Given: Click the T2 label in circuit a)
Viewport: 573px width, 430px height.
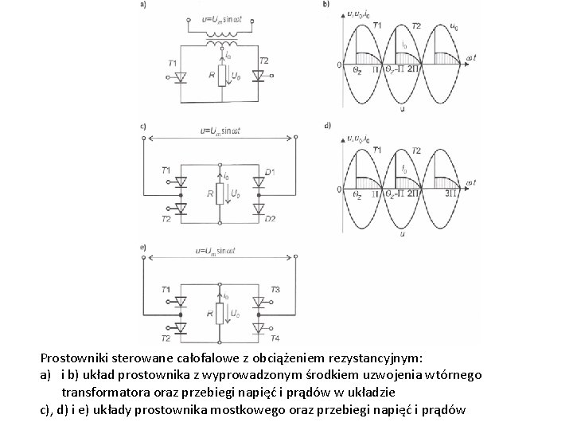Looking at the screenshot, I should point(264,61).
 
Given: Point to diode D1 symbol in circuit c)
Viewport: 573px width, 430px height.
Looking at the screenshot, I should point(257,182).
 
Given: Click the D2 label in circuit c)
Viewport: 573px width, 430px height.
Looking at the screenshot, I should point(270,217).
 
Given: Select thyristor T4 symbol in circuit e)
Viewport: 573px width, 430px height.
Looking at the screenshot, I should point(257,326).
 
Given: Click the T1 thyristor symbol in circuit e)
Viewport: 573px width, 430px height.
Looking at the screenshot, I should point(181,301).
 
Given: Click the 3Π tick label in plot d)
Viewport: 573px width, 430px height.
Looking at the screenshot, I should point(450,193).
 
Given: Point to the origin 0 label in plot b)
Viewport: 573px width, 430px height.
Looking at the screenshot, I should point(340,64).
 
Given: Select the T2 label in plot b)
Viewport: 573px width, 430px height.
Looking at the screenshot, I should point(415,25).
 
